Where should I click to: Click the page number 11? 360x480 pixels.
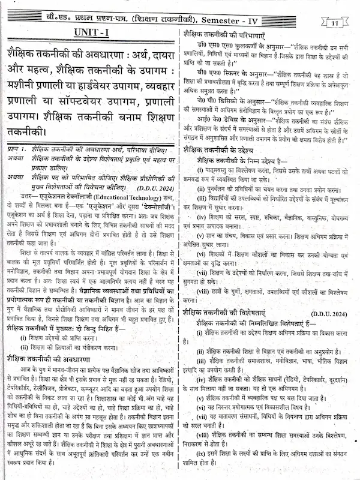(x=335, y=22)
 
